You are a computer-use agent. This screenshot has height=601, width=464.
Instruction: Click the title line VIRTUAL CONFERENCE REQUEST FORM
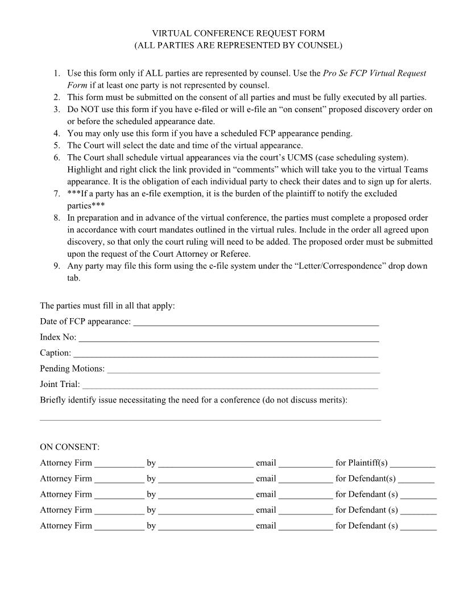tap(238, 34)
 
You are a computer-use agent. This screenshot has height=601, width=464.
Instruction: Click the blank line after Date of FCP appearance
tap(255, 323)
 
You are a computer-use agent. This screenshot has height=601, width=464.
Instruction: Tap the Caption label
tap(55, 353)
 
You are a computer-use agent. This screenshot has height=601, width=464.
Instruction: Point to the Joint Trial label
tap(59, 384)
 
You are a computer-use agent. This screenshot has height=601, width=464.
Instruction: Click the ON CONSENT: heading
tap(69, 447)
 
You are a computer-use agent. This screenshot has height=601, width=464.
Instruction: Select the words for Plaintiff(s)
tap(361, 463)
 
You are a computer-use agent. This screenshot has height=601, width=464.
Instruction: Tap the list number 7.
tap(57, 194)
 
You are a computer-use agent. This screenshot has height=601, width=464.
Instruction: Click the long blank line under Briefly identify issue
tap(210, 419)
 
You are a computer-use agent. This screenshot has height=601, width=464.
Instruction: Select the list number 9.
tap(57, 266)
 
